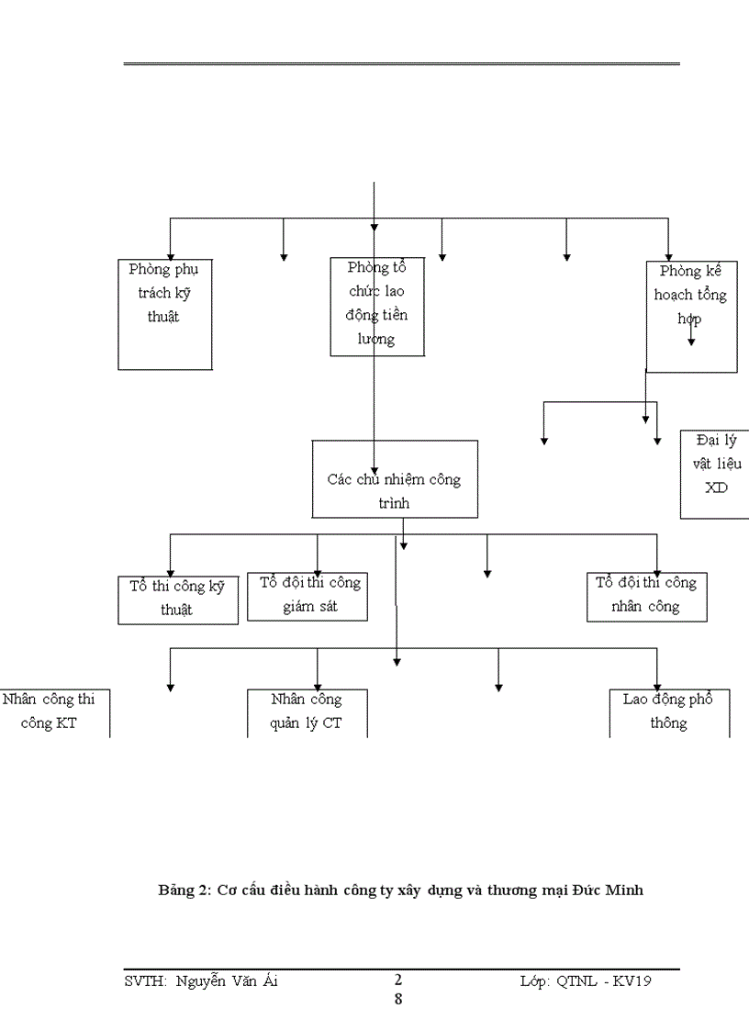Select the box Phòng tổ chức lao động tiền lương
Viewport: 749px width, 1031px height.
click(377, 308)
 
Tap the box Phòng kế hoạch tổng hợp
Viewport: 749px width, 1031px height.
click(691, 316)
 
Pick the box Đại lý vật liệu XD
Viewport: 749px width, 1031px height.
click(715, 474)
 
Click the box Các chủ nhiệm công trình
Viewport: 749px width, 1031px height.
click(395, 479)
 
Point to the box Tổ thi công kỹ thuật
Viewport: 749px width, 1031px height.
click(178, 600)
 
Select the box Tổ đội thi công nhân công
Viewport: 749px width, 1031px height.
click(646, 595)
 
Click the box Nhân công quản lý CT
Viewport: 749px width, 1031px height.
click(307, 712)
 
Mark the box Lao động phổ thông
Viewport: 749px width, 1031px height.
click(668, 712)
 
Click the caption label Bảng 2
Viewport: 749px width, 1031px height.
click(184, 890)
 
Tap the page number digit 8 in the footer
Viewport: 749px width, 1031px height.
click(398, 999)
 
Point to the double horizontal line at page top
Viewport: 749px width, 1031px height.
click(402, 64)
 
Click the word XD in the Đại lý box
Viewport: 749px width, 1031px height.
click(715, 487)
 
